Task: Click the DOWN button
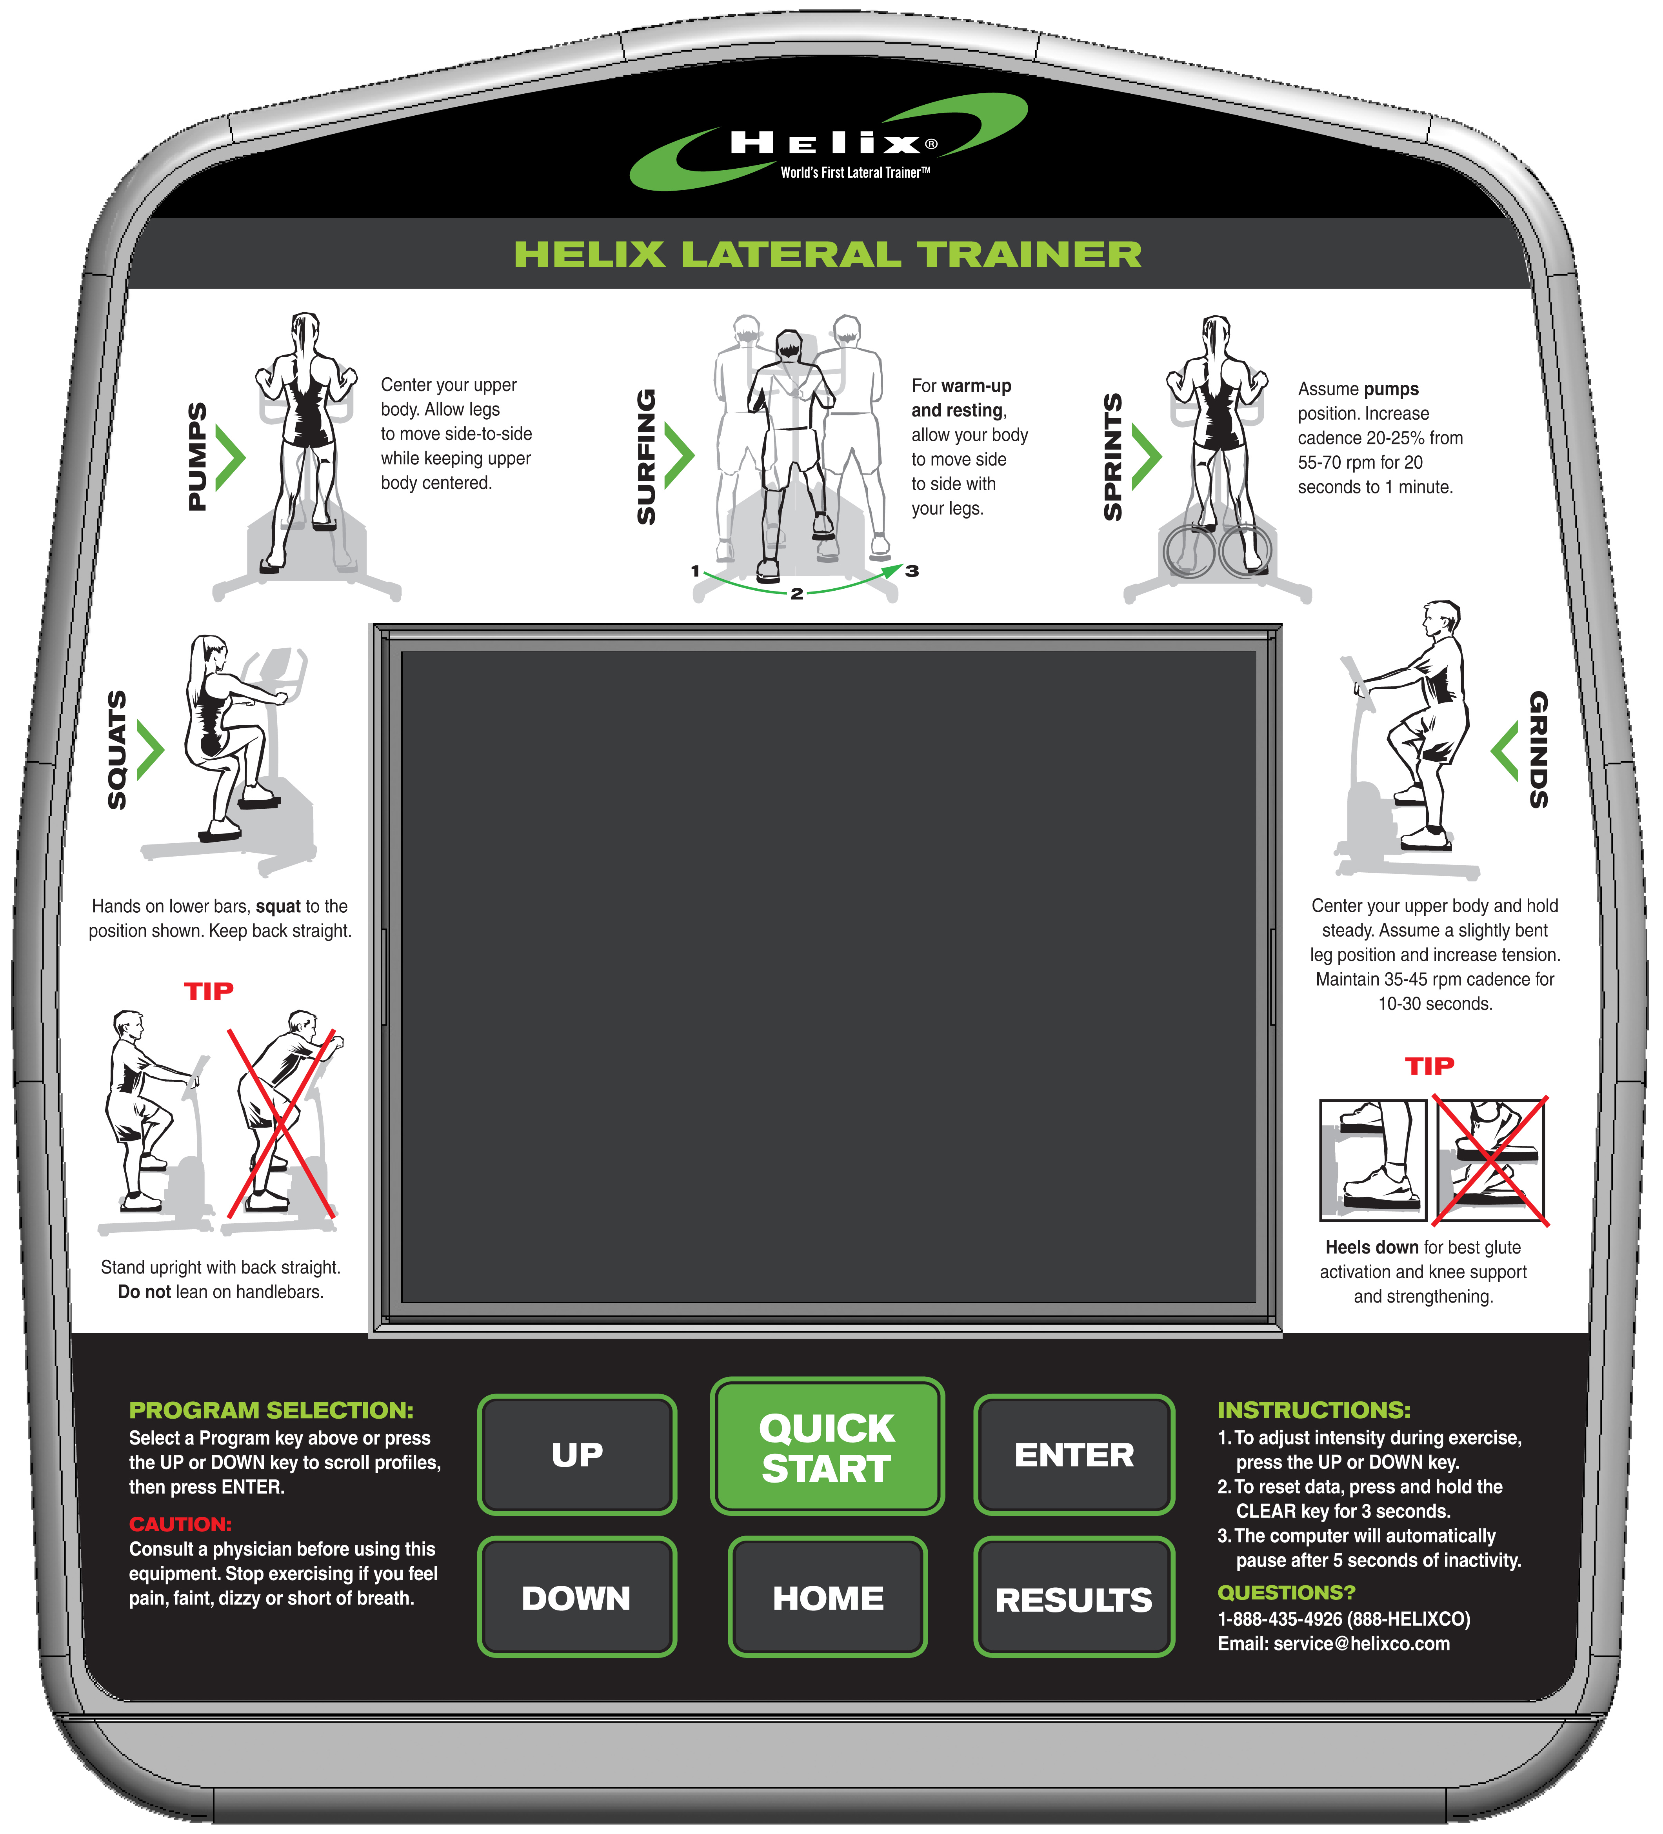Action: (x=577, y=1597)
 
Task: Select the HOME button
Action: (x=827, y=1597)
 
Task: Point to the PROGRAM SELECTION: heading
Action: (x=271, y=1410)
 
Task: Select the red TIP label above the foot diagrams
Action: (x=1429, y=1066)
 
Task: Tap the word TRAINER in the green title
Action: (x=1029, y=255)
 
